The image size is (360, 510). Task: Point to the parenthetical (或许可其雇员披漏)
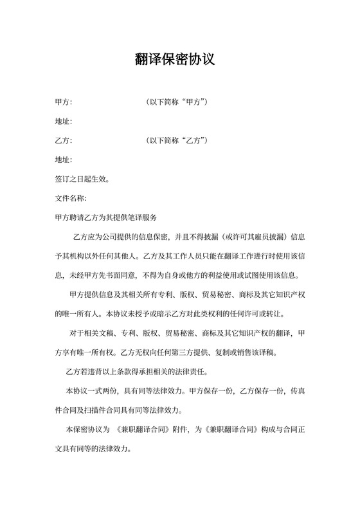click(x=245, y=237)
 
